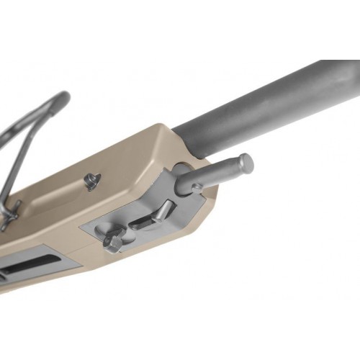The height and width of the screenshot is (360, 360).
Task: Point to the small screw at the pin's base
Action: [x=197, y=188]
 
